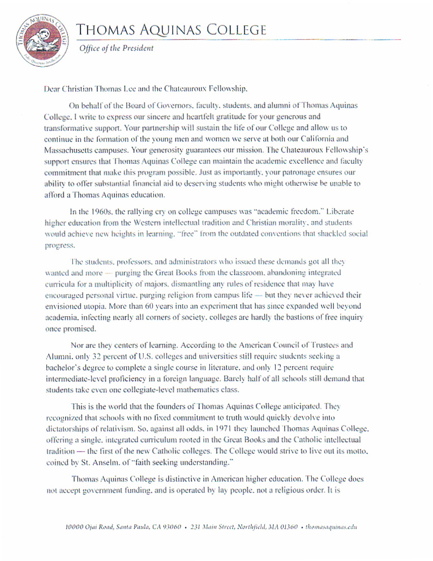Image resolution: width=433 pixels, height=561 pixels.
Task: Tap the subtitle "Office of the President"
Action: [x=115, y=48]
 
